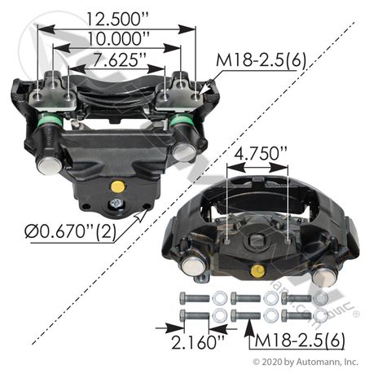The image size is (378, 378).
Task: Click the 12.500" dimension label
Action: click(x=117, y=19)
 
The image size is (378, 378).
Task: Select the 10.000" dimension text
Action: click(x=119, y=38)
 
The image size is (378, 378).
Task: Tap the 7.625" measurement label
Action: click(x=120, y=59)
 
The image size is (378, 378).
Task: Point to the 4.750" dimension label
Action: click(x=260, y=154)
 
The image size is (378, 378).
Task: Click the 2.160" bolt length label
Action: click(x=198, y=342)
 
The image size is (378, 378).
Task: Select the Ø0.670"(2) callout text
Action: click(x=70, y=232)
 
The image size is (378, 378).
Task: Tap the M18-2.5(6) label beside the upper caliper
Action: click(x=261, y=59)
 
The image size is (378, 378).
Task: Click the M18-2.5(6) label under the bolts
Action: click(x=300, y=341)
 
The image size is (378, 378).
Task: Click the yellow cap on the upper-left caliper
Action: click(x=117, y=187)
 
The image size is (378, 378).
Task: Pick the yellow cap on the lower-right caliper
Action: click(x=257, y=270)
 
